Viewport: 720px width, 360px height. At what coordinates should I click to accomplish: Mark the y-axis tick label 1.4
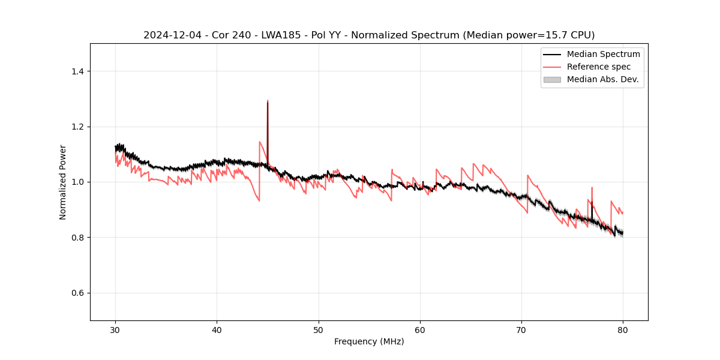(x=77, y=71)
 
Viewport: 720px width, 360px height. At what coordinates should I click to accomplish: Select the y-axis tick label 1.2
(x=77, y=127)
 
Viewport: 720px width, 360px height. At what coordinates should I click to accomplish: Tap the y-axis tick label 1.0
(x=77, y=182)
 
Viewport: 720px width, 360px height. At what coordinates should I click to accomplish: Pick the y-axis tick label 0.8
(x=77, y=238)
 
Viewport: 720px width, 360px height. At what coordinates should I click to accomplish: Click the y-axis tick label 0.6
(x=77, y=293)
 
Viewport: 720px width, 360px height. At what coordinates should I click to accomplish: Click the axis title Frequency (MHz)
(x=369, y=341)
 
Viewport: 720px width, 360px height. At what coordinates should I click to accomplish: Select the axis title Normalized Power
(x=63, y=182)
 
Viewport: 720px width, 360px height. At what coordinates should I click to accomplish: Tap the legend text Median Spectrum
(x=603, y=54)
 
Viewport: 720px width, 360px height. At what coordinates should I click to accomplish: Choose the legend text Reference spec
(x=599, y=67)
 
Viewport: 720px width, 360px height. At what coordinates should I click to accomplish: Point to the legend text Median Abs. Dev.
(x=603, y=79)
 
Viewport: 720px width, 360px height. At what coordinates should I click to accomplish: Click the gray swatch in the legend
(x=552, y=79)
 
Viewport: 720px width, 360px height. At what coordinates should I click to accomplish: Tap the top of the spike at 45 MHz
(x=268, y=101)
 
